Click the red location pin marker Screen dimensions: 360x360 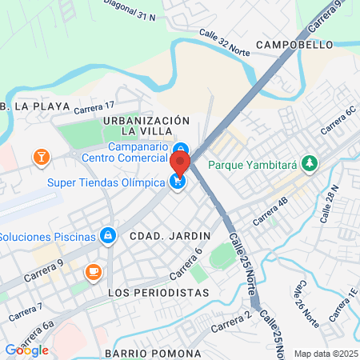point(179,166)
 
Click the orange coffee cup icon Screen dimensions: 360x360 point(94,271)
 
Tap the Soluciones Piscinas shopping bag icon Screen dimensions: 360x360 point(107,236)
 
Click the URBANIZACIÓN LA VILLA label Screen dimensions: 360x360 point(146,125)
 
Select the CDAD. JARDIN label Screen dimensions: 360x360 point(170,236)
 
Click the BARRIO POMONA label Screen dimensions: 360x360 point(153,353)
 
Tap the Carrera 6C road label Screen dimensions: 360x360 point(337,121)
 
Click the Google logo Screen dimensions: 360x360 point(26,350)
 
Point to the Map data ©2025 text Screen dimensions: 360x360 point(325,354)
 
